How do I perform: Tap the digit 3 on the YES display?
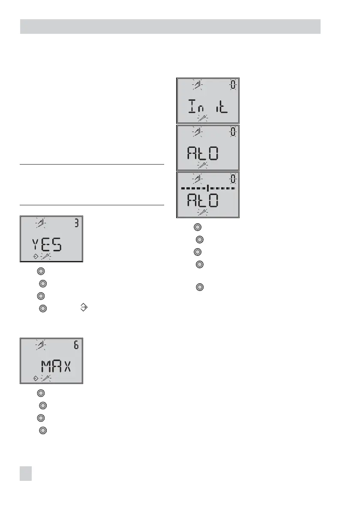point(76,224)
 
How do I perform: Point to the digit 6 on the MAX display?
point(76,346)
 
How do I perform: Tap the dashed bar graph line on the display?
point(208,188)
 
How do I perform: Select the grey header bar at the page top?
point(170,26)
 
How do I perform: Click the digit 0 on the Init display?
point(233,85)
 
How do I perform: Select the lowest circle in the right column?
point(199,287)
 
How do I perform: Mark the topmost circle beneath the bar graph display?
point(197,227)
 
